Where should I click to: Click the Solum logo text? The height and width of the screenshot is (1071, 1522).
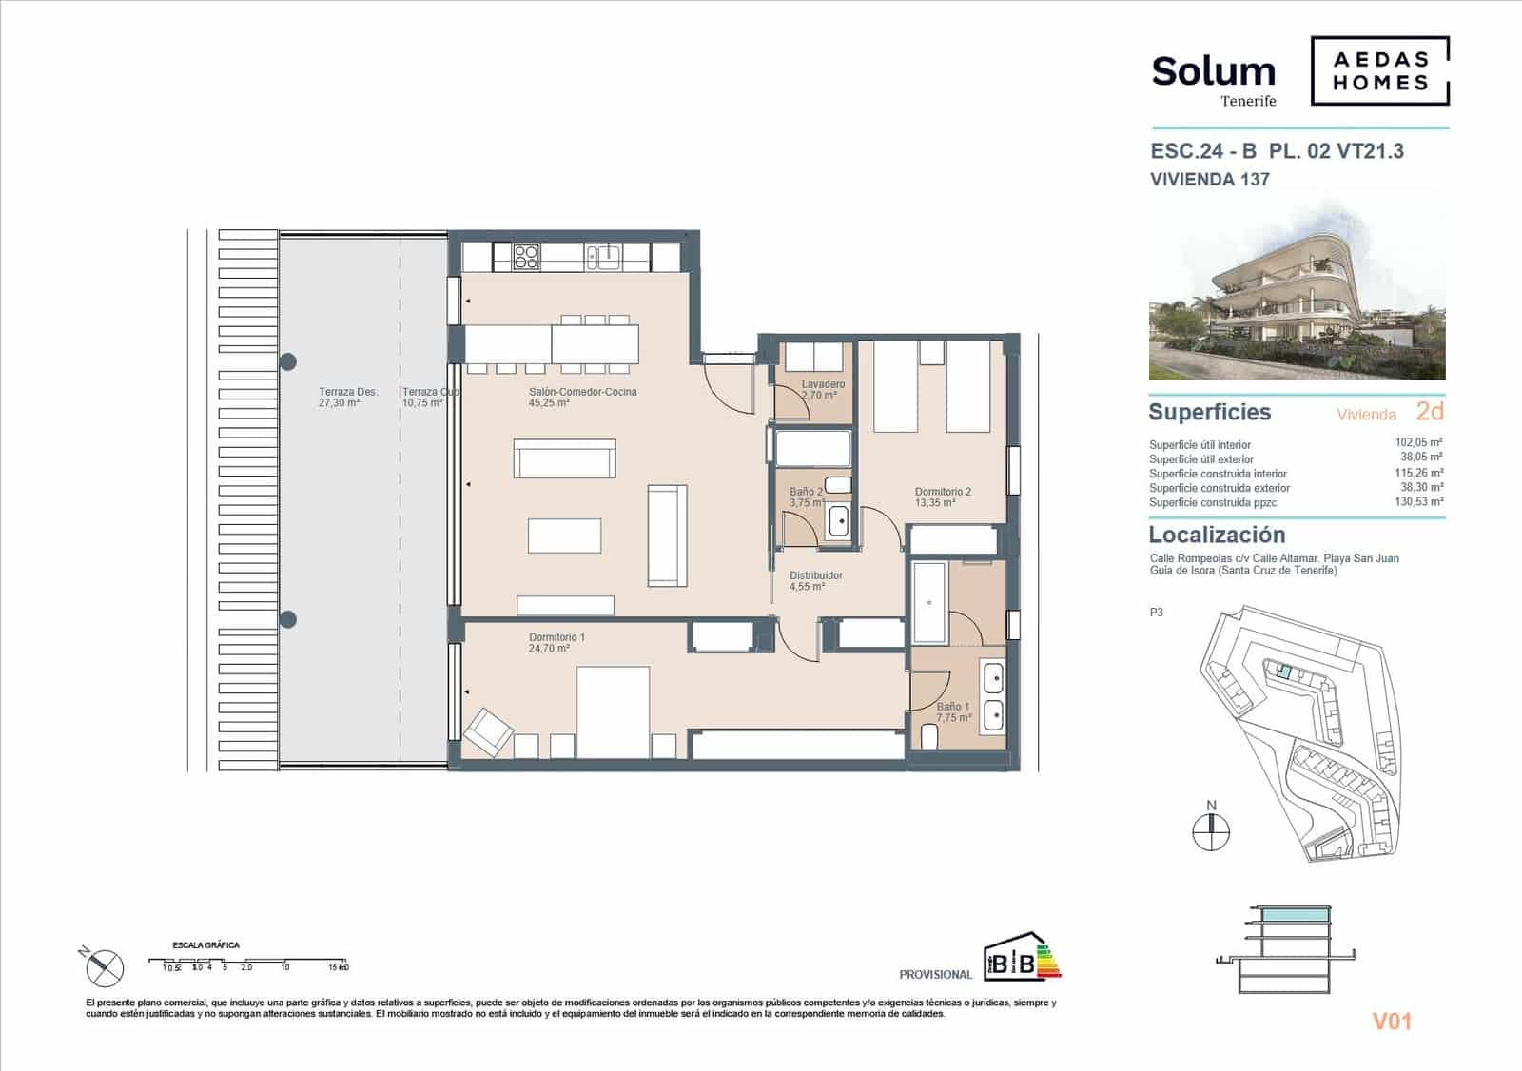(1213, 72)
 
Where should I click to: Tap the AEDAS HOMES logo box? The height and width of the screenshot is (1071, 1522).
(1379, 70)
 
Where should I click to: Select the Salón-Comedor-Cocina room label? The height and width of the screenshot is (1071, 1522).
(582, 392)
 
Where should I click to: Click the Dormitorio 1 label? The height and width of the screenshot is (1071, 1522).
(556, 637)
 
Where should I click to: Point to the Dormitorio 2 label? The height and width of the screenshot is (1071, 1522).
(943, 492)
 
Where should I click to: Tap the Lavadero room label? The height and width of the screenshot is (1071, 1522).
(823, 384)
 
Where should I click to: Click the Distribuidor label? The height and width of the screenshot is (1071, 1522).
(815, 575)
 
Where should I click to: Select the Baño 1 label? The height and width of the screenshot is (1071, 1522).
(952, 707)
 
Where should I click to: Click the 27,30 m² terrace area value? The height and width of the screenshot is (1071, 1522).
(339, 403)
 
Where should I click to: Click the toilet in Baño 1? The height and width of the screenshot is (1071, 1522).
(929, 737)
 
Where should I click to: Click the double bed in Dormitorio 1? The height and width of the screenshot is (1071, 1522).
(613, 711)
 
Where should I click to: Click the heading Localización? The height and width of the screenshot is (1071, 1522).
(1217, 535)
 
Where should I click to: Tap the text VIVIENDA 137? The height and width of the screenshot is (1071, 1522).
(1209, 179)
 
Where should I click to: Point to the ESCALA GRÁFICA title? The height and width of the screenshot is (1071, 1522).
(205, 945)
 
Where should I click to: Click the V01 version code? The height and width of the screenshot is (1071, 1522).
(1391, 1022)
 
